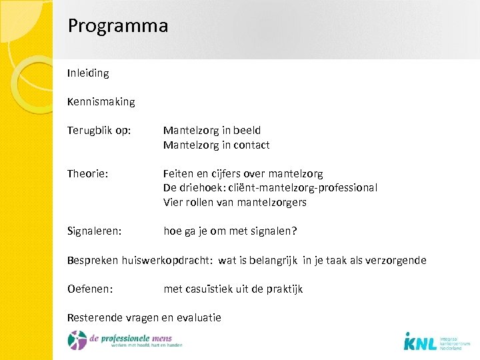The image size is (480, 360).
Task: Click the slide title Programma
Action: pyautogui.click(x=117, y=26)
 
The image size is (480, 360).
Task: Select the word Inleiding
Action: pyautogui.click(x=88, y=73)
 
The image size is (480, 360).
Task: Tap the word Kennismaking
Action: pyautogui.click(x=101, y=102)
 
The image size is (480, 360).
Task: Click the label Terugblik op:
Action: pyautogui.click(x=99, y=131)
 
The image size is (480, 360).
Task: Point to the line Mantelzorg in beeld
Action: pyautogui.click(x=212, y=131)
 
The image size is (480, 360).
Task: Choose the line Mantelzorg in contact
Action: pyautogui.click(x=216, y=145)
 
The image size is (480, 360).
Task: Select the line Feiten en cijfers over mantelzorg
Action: pyautogui.click(x=243, y=173)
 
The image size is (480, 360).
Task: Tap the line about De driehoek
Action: pyautogui.click(x=270, y=188)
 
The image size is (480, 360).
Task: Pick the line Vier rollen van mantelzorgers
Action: pyautogui.click(x=235, y=202)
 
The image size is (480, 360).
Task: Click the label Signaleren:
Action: pyautogui.click(x=94, y=231)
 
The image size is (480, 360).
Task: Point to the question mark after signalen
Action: pyautogui.click(x=294, y=231)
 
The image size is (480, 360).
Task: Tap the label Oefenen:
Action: pyautogui.click(x=90, y=289)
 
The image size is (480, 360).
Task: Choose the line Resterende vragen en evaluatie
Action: pyautogui.click(x=144, y=318)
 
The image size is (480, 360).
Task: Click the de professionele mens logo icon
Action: pyautogui.click(x=77, y=339)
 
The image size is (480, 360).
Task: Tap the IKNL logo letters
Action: pyautogui.click(x=420, y=342)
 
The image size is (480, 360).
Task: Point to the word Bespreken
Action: pyautogui.click(x=93, y=261)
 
